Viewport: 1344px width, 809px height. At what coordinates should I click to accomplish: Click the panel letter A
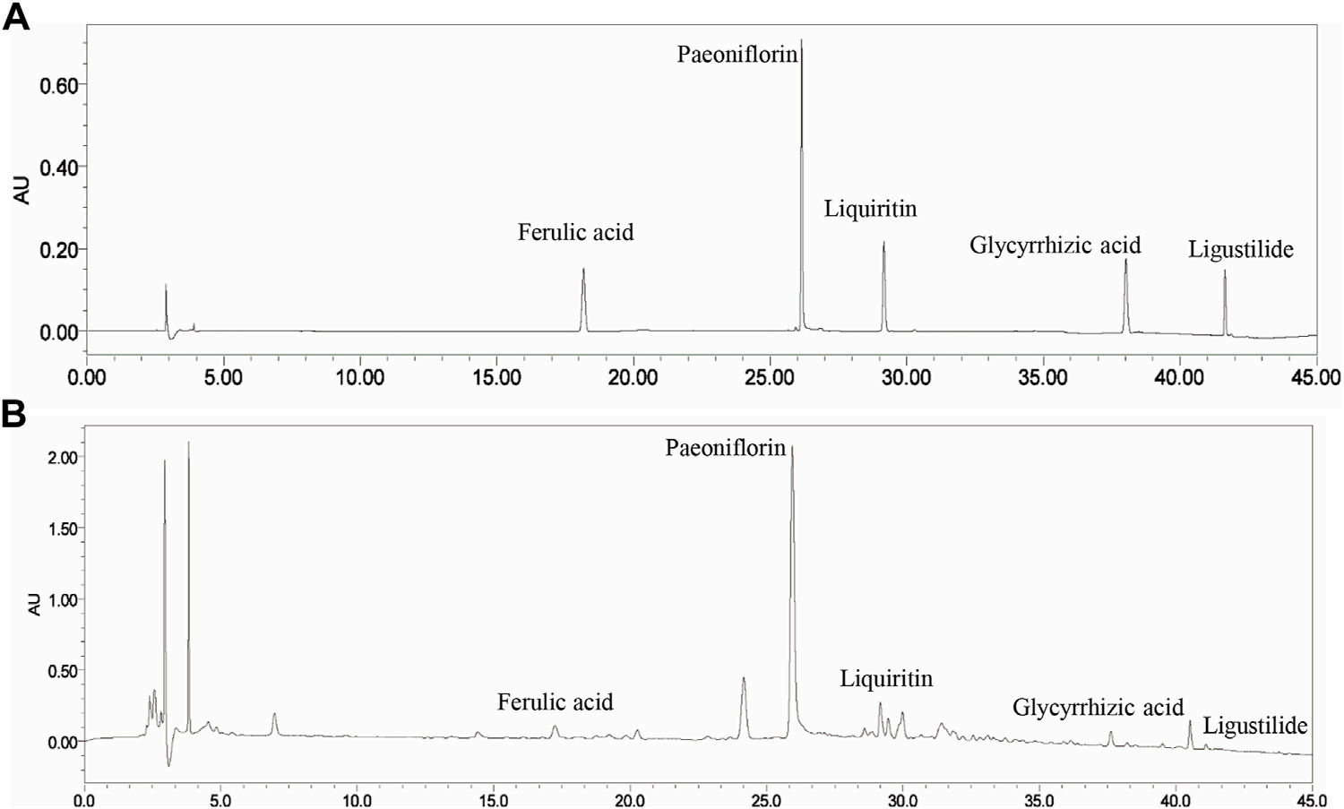(x=15, y=18)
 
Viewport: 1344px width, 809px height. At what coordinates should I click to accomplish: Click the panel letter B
(x=13, y=415)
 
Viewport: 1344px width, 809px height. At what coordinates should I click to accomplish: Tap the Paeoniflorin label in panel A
(x=737, y=56)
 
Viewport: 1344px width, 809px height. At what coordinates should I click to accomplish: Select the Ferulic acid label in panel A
(x=575, y=232)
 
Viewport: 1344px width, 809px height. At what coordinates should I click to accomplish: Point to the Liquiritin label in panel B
(x=886, y=679)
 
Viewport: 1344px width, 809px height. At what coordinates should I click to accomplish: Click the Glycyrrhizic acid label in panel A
(x=1055, y=245)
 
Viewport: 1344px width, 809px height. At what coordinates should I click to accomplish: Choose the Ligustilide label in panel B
(x=1255, y=726)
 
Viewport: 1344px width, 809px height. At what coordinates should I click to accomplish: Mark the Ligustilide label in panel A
(x=1241, y=250)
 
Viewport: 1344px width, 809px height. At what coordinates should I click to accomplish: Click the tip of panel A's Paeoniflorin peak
(x=801, y=40)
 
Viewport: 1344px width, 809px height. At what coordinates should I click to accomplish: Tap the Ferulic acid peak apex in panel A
(x=583, y=268)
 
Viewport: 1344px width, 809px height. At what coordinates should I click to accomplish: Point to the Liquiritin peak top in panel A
(x=883, y=242)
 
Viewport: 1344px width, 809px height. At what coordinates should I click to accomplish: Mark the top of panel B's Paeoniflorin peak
(x=792, y=446)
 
